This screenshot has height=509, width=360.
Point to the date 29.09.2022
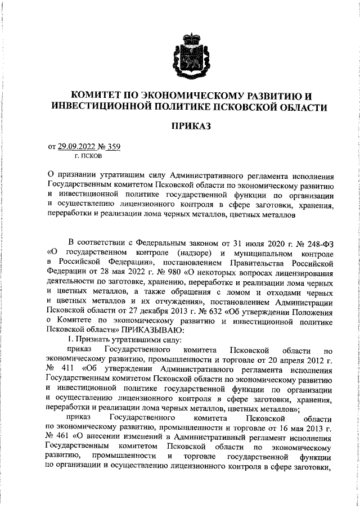[78, 147]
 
